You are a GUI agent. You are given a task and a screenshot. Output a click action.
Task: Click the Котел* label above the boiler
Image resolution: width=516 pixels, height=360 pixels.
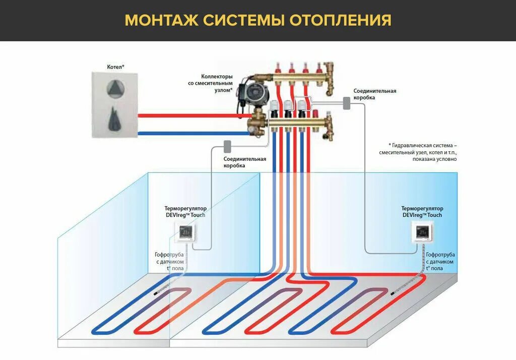pyautogui.click(x=115, y=67)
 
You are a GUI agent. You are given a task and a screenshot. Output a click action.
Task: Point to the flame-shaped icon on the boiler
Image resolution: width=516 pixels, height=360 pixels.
pyautogui.click(x=115, y=118)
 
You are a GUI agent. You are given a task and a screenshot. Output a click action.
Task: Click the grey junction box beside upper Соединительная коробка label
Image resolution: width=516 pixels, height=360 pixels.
pyautogui.click(x=347, y=103)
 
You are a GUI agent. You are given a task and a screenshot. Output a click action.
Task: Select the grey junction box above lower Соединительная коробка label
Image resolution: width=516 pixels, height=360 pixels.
pyautogui.click(x=227, y=146)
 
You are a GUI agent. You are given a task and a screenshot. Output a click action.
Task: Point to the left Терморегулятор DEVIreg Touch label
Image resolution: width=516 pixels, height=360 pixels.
pyautogui.click(x=185, y=211)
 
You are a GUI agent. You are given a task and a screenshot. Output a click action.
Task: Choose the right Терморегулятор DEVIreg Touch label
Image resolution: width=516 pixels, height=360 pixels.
pyautogui.click(x=422, y=211)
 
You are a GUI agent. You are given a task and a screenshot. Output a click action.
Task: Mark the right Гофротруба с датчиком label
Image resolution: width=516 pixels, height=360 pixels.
pyautogui.click(x=440, y=262)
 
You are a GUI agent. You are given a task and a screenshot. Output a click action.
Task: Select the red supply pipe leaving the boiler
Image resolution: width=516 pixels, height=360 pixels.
pyautogui.click(x=191, y=115)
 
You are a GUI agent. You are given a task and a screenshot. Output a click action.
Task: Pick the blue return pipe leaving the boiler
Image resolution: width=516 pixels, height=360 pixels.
pyautogui.click(x=191, y=133)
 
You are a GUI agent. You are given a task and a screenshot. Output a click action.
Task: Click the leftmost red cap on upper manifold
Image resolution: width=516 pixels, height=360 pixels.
pyautogui.click(x=278, y=67)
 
